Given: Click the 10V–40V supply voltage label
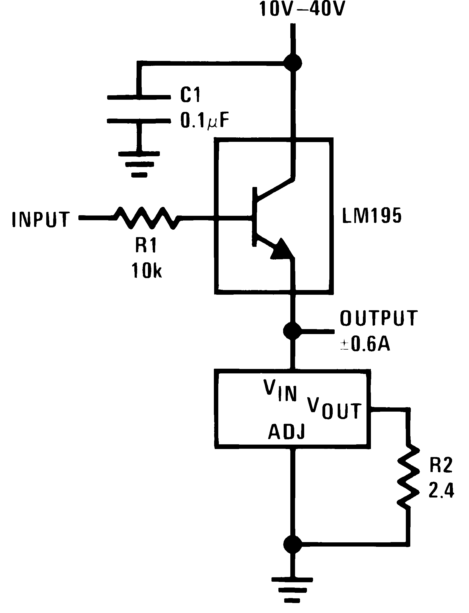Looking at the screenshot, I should (302, 9).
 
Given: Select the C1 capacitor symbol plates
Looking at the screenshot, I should (139, 109).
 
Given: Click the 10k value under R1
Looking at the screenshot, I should (146, 270).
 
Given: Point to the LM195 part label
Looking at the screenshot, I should (371, 215).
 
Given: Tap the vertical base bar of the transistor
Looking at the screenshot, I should (254, 217).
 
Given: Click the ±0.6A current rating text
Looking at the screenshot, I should (365, 344).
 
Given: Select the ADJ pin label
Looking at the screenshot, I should (286, 431).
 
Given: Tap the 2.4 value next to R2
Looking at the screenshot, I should (441, 490).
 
